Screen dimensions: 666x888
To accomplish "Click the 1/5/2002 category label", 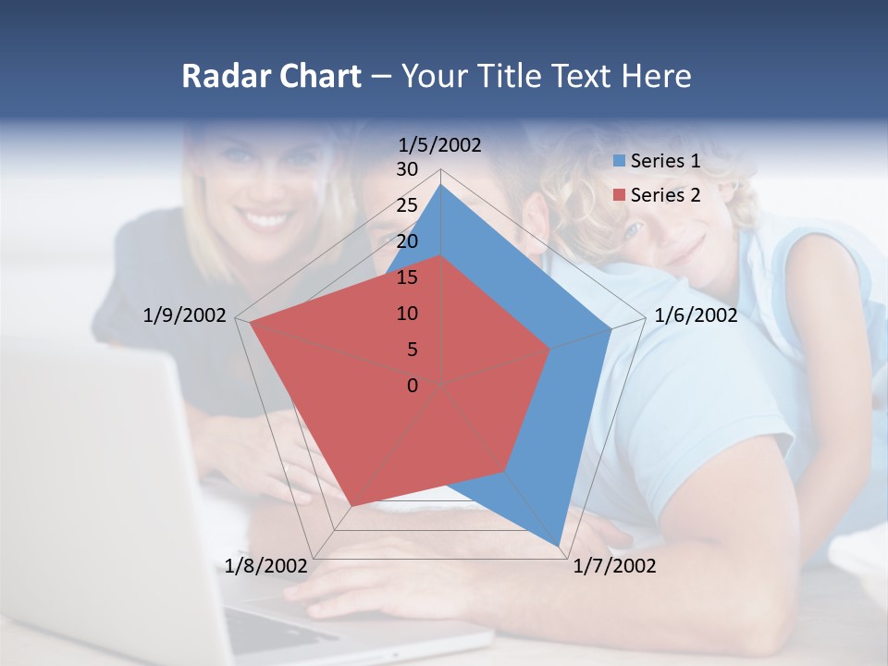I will coord(440,145).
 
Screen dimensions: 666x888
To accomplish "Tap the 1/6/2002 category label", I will coord(696,315).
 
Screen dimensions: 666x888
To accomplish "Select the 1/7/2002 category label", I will coord(614,566).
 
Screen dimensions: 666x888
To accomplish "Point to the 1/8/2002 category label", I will coord(266,566).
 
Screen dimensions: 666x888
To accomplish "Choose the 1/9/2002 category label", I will coord(185,315).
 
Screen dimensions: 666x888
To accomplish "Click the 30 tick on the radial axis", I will coord(407,169).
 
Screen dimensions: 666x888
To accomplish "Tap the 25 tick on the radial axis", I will coord(407,205).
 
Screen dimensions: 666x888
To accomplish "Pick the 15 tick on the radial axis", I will coord(407,277).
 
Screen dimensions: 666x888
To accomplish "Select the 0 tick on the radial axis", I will coord(413,386).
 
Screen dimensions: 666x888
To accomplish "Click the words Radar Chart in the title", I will coord(271,76).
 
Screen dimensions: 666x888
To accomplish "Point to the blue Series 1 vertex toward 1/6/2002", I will coord(611,327).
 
